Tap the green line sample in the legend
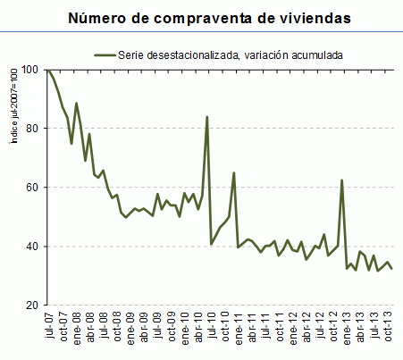[x=108, y=54]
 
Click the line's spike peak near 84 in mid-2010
[x=207, y=117]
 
